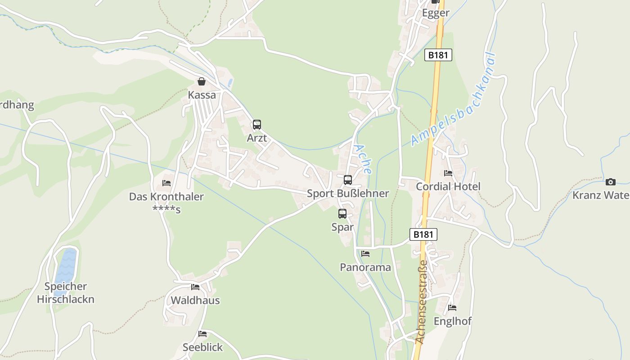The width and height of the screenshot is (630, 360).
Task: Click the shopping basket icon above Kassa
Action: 201,81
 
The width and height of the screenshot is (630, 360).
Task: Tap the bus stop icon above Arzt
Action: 256,125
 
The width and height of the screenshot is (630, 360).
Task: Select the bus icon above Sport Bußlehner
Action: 347,180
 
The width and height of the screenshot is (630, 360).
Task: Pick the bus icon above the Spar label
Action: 342,214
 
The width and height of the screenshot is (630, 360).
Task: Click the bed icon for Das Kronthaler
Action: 166,183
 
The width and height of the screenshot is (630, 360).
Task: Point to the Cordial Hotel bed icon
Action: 448,173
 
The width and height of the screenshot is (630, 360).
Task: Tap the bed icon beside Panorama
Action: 365,254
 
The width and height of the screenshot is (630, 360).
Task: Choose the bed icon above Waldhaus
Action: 195,287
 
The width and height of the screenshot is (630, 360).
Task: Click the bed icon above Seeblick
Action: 202,334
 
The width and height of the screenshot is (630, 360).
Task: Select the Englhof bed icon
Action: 452,308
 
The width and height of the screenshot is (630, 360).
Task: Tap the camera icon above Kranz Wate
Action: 610,182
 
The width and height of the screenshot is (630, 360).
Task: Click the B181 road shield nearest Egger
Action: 438,55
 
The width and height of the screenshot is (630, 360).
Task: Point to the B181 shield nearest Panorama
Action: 423,234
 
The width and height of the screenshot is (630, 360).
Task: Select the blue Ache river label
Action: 363,159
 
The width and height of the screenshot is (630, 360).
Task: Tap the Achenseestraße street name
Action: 422,302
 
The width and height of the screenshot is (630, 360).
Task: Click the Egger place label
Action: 435,13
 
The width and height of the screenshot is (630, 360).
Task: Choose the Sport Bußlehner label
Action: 347,193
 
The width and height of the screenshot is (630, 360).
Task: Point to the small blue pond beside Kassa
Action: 230,83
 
